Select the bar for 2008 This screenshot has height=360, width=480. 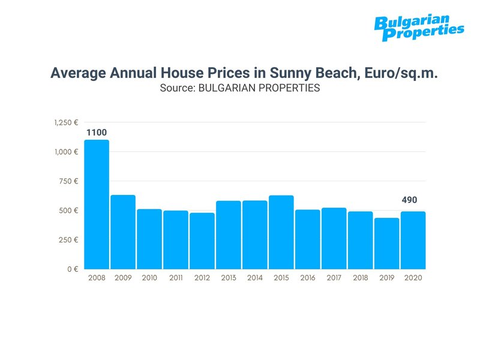[97, 205]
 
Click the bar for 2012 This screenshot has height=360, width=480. [202, 241]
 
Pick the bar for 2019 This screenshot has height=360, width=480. [387, 244]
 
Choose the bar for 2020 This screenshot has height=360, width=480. [413, 240]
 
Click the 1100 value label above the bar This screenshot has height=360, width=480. [97, 132]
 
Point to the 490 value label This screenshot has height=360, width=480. [409, 200]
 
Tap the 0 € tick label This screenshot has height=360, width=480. [72, 269]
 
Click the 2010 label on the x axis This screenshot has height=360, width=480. [149, 278]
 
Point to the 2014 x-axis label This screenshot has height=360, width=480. [255, 278]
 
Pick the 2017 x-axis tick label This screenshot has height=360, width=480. [334, 278]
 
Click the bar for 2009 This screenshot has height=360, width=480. [123, 232]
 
